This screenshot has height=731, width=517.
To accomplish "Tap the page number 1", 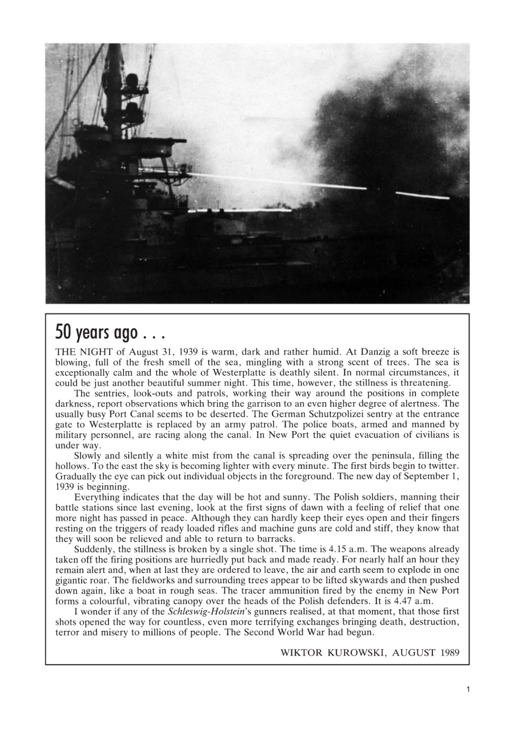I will pyautogui.click(x=468, y=690).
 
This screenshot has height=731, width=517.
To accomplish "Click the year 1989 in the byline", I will pyautogui.click(x=449, y=653).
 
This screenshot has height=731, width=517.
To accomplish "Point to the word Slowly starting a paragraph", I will pyautogui.click(x=89, y=455).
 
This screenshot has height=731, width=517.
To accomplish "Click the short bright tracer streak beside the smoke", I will pyautogui.click(x=422, y=196).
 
